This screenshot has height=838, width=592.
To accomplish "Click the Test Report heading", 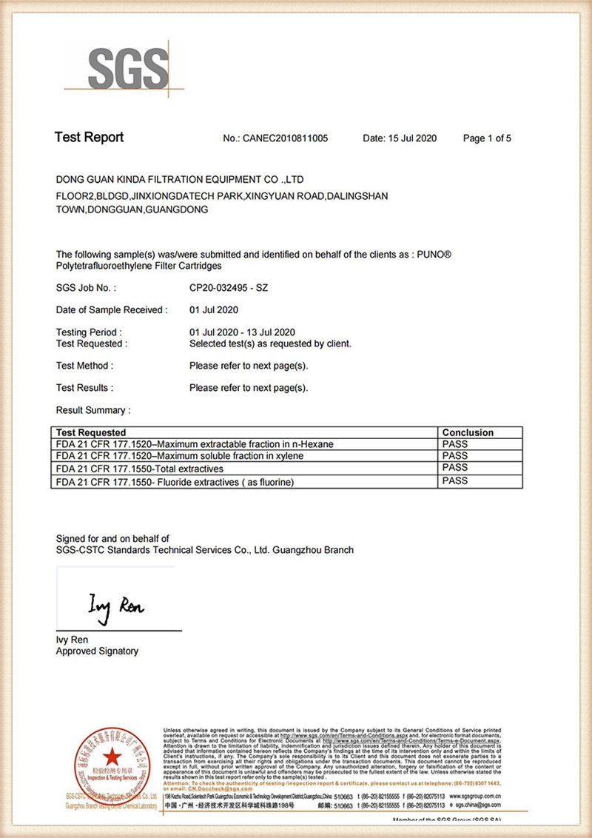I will point(90,138).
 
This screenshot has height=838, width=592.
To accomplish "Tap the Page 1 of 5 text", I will point(487,138).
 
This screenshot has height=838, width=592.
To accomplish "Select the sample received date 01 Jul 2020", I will point(214,310).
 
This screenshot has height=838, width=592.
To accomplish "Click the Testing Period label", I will point(89,332).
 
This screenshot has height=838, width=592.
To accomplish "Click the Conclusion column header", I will point(468,432).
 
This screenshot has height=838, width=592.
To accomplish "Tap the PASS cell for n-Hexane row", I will point(455,444).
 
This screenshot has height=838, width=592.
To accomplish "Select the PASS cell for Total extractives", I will point(455,468).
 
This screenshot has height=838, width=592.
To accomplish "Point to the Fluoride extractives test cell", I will point(175,483).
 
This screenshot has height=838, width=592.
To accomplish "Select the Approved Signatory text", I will point(97,651).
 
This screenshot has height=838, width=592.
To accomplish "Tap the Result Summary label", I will point(93,410).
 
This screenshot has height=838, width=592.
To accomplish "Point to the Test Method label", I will point(84,366).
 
